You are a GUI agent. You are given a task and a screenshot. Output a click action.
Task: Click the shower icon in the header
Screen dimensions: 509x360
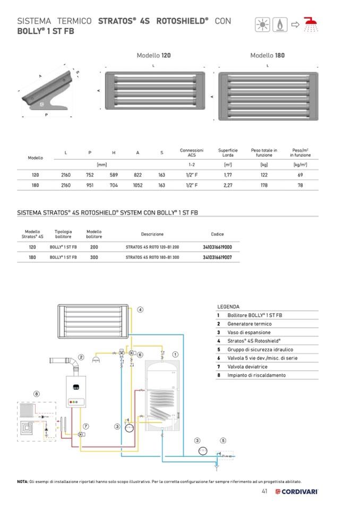(309, 24)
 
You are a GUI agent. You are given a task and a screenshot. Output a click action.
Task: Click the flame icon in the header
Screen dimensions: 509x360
(278, 24)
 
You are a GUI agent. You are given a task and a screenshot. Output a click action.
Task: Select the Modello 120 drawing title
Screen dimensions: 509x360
(153, 55)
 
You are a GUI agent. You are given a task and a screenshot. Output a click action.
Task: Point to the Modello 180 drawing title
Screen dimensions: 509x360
(267, 55)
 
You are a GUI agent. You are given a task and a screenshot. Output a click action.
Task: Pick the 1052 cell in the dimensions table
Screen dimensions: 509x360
(138, 185)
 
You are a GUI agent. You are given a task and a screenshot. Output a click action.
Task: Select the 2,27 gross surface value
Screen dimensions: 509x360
(228, 185)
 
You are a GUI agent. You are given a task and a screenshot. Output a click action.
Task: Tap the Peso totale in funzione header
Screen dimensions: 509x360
(264, 153)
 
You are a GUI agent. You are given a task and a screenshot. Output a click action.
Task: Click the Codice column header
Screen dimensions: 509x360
(217, 234)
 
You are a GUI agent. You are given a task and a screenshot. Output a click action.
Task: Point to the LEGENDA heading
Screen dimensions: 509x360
(228, 307)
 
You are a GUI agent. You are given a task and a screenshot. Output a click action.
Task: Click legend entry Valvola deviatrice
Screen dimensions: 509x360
(247, 367)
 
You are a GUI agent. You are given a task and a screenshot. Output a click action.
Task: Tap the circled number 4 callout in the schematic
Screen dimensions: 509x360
(140, 309)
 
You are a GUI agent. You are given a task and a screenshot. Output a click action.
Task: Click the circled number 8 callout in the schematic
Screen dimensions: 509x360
(36, 394)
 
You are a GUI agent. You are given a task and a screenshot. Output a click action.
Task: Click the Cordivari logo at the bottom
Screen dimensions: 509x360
(297, 492)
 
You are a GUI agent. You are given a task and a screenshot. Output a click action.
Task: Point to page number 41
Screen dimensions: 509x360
(264, 491)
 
